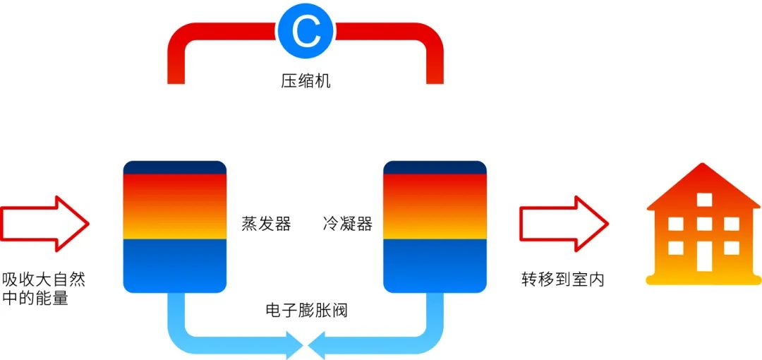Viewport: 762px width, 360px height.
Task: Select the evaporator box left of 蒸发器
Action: pyautogui.click(x=174, y=227)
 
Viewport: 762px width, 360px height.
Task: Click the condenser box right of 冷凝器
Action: pyautogui.click(x=435, y=227)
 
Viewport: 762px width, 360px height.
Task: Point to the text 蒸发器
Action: pyautogui.click(x=266, y=224)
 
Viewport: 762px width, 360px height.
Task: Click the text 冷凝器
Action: pyautogui.click(x=347, y=224)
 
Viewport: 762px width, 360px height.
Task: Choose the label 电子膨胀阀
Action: pyautogui.click(x=306, y=311)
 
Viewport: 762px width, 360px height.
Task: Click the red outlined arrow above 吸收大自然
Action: pyautogui.click(x=44, y=224)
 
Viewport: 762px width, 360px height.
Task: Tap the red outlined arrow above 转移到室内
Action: pyautogui.click(x=563, y=224)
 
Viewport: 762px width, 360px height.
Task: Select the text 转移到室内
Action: pyautogui.click(x=562, y=280)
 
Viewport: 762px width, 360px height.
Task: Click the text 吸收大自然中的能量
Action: pyautogui.click(x=43, y=288)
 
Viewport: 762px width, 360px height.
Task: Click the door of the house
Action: pyautogui.click(x=704, y=256)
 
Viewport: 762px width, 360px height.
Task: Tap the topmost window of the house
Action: pyautogui.click(x=704, y=200)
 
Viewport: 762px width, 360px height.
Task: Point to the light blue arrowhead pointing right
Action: pyautogui.click(x=294, y=345)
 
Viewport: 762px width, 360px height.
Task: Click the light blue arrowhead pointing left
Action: pyautogui.click(x=316, y=345)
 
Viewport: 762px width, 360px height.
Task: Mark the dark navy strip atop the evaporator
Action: pyautogui.click(x=174, y=167)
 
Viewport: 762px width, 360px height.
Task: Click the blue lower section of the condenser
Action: pyautogui.click(x=435, y=265)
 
